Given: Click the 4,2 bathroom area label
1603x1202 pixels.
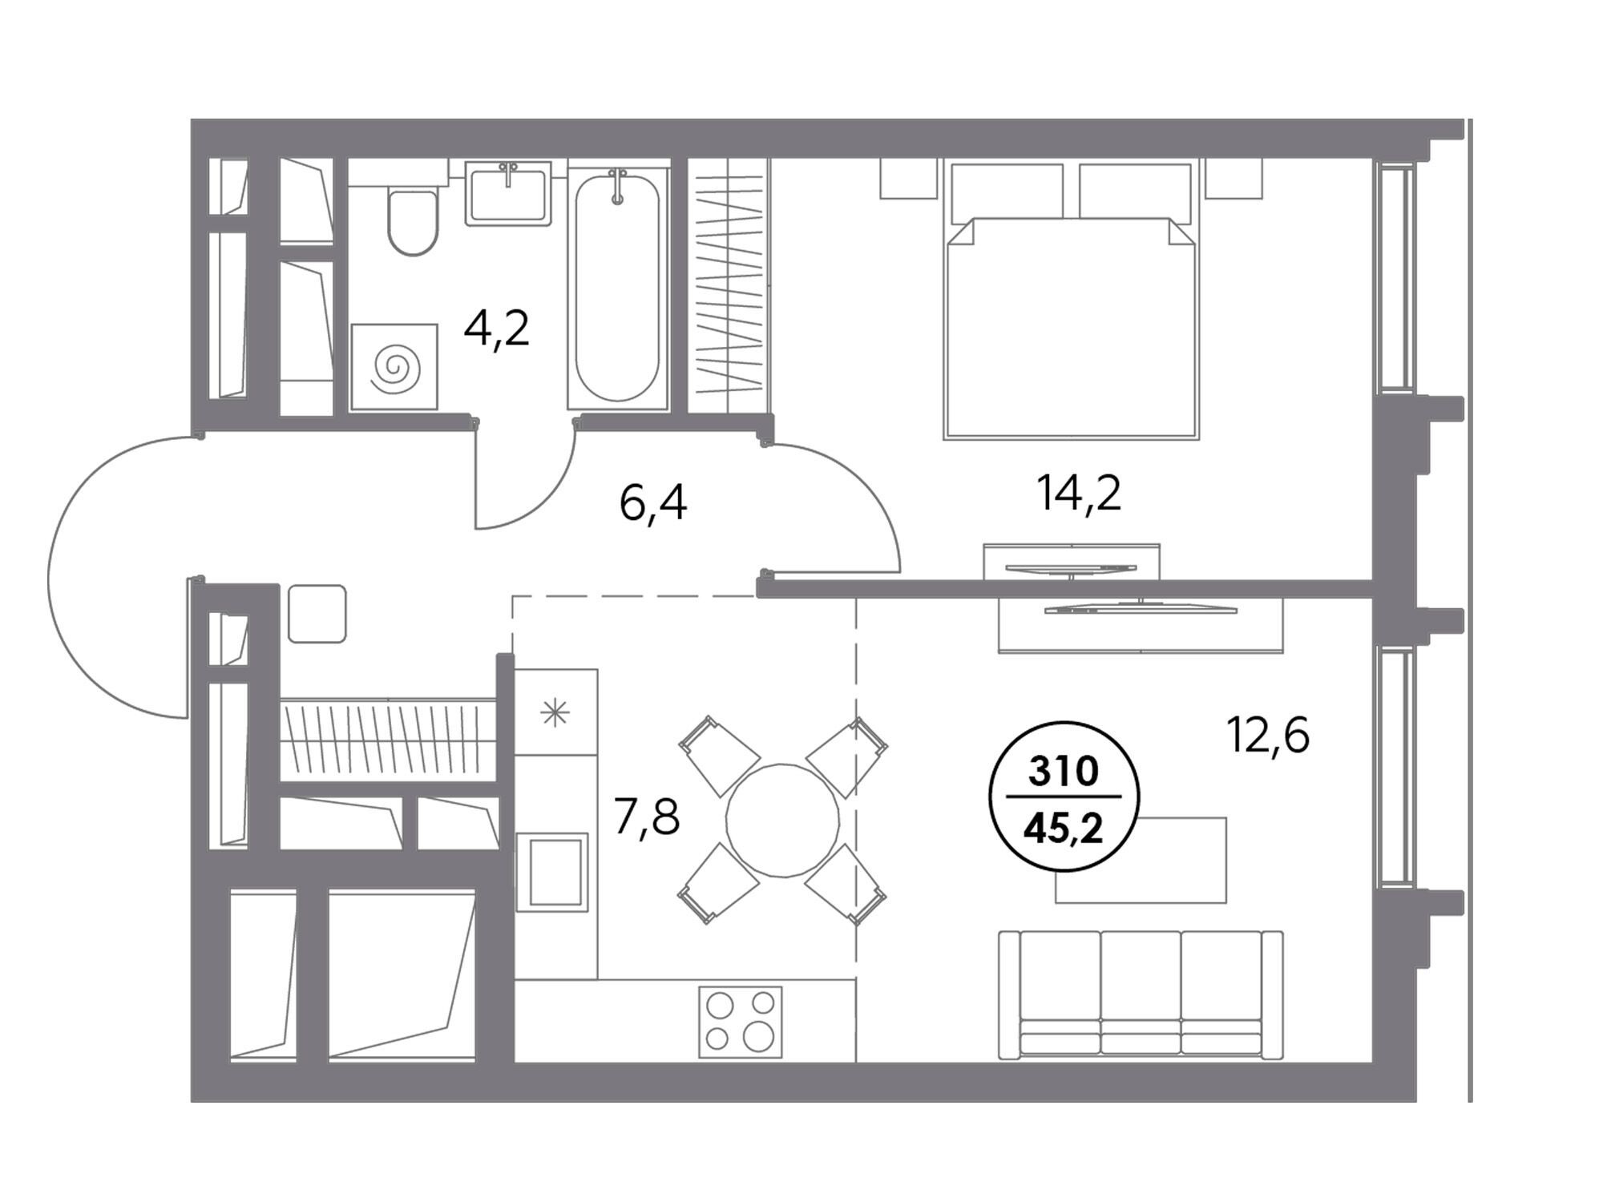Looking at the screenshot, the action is [x=497, y=329].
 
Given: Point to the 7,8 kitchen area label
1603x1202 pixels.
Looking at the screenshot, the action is [x=647, y=818].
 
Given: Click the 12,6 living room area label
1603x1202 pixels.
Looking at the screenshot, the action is [x=1268, y=735].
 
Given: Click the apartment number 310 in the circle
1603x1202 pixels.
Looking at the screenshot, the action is [x=1063, y=772].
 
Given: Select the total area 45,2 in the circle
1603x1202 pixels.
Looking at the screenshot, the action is [x=1064, y=829].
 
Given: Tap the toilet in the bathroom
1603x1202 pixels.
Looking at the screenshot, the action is [x=413, y=212].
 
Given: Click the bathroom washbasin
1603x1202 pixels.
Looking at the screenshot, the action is [x=508, y=192].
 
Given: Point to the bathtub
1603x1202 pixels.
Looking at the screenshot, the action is [x=617, y=284].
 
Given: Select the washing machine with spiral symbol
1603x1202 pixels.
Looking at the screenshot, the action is [x=394, y=367].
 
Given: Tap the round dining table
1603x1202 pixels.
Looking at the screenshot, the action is [x=782, y=820].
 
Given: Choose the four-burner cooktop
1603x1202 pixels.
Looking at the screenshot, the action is [x=740, y=1022].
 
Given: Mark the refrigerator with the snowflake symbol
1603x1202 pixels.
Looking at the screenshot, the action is [x=555, y=711].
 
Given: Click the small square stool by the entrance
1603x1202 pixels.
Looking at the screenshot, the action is [x=317, y=613].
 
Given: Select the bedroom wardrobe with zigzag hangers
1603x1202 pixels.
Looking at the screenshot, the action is [x=729, y=285].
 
